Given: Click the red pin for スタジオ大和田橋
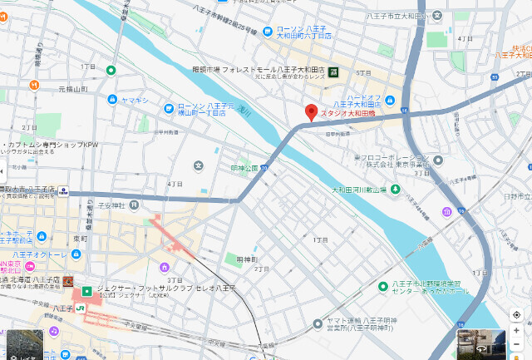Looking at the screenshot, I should tap(311, 112).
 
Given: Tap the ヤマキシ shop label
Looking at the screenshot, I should tap(134, 99).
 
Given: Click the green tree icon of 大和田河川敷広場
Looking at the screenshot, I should tap(396, 190).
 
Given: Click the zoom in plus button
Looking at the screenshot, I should tap(516, 330).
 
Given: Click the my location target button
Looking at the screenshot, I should tap(516, 315).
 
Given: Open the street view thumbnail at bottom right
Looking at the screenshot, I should tap(481, 343).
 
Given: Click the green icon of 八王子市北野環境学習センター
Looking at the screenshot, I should tap(382, 287).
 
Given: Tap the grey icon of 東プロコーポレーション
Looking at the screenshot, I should tap(437, 159).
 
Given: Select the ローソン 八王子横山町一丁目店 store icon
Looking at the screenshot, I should tap(171, 107).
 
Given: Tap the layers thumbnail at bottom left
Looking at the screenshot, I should tap(25, 343).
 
